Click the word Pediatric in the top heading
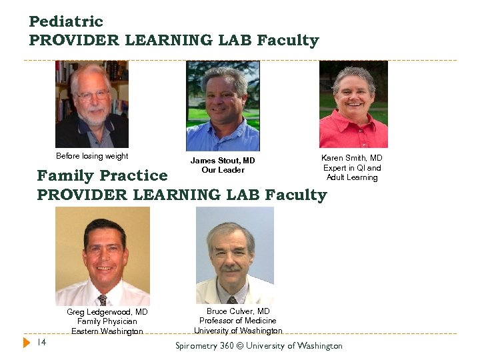pyautogui.click(x=66, y=21)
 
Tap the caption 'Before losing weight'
pyautogui.click(x=92, y=156)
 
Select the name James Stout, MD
pyautogui.click(x=223, y=161)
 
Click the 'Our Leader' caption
pyautogui.click(x=223, y=170)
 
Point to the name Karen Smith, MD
pyautogui.click(x=352, y=158)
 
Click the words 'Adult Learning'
pyautogui.click(x=352, y=177)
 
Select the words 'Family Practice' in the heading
pyautogui.click(x=102, y=176)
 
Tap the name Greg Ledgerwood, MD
pyautogui.click(x=107, y=312)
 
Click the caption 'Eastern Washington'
pyautogui.click(x=107, y=331)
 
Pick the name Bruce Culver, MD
pyautogui.click(x=238, y=311)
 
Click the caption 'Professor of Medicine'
pyautogui.click(x=238, y=321)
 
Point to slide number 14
pyautogui.click(x=41, y=343)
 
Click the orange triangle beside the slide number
pyautogui.click(x=27, y=343)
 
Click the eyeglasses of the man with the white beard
pyautogui.click(x=93, y=95)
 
